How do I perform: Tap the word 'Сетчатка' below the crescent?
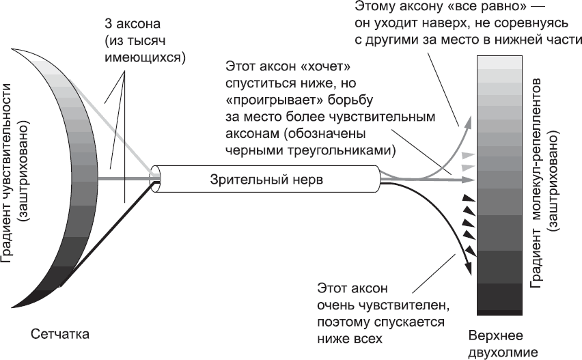coord(60,334)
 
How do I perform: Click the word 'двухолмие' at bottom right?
coord(504,352)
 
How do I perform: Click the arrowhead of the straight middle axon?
coord(471,180)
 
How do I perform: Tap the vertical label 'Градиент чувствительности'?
coord(8,171)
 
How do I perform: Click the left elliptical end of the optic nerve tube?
coord(156,181)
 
